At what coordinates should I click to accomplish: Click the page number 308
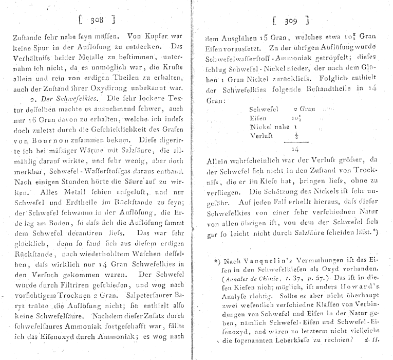click(x=97, y=20)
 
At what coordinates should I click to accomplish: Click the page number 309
click(x=291, y=21)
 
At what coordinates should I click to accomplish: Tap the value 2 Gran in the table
click(x=303, y=110)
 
